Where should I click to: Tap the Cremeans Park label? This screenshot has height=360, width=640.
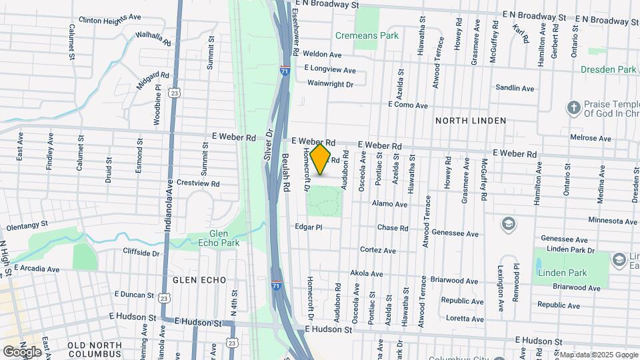coord(367,35)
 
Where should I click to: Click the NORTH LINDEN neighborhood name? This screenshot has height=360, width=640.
coord(470,121)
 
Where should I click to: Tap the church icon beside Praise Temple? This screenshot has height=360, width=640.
coord(573,107)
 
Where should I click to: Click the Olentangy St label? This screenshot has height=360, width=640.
coord(27,225)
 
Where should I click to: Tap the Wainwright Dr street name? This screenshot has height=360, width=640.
coord(330,83)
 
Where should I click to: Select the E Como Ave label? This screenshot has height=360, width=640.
coord(408,105)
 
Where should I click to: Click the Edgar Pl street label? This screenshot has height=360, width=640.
coord(309,227)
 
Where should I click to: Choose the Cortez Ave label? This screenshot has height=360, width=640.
coord(378,251)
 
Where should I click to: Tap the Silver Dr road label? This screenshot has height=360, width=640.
coord(270,144)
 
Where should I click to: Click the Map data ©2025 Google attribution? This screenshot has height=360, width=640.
coord(598,355)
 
